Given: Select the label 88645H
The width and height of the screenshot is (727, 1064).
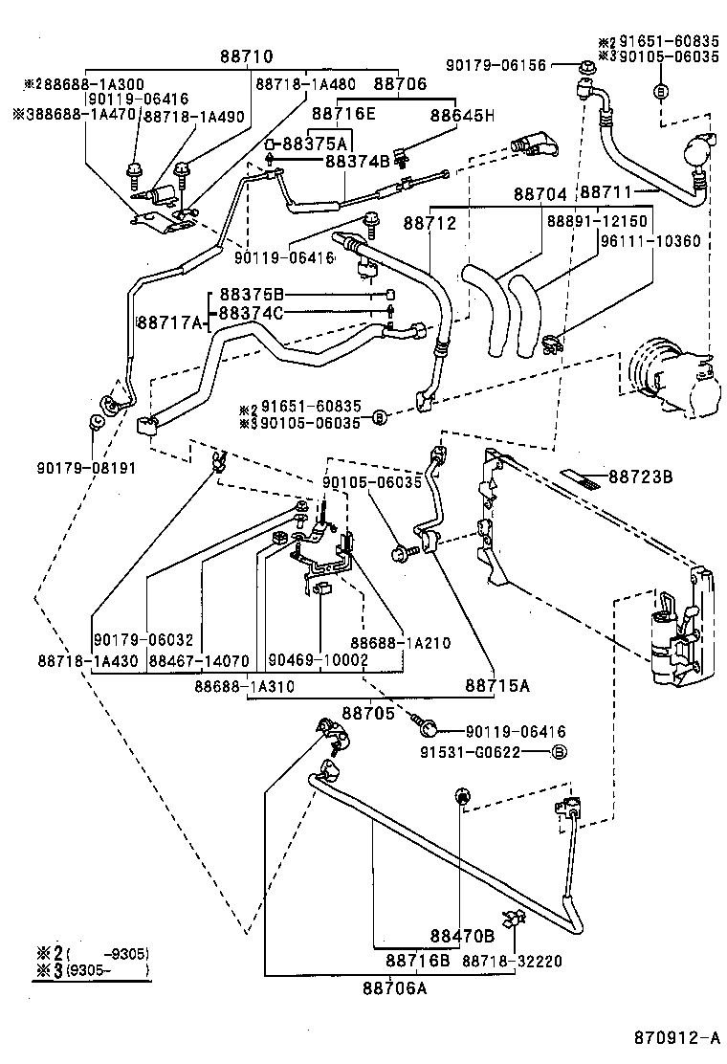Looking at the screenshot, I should click(461, 116).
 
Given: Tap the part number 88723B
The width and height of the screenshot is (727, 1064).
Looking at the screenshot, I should click(641, 476).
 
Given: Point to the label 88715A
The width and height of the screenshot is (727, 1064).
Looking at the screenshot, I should click(497, 685).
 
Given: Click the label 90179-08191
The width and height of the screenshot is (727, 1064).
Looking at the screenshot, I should click(88, 468).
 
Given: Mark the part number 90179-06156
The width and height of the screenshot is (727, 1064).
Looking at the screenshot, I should click(496, 65).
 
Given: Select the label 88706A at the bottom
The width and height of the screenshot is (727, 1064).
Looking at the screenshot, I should click(394, 987).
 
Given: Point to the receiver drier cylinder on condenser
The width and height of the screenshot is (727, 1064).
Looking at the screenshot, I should click(663, 642).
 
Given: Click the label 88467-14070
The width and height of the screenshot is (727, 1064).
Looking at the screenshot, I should click(197, 660).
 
